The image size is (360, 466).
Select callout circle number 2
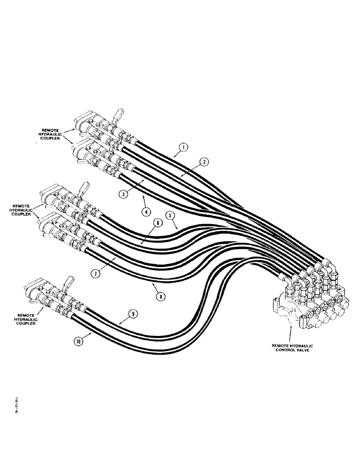pos(203,162)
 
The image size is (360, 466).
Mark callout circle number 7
pos(95,274)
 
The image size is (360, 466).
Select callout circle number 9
pos(134,315)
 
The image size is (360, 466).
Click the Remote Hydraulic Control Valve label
pos(293,348)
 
